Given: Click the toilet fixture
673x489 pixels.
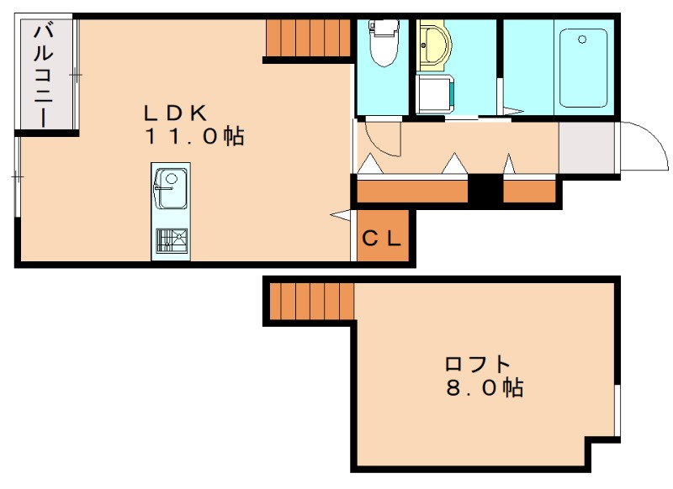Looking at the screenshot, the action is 383,44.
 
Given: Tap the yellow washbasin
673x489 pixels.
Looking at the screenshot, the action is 434,48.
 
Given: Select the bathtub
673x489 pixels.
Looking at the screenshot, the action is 583,68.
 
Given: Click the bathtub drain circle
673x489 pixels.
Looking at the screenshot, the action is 582,39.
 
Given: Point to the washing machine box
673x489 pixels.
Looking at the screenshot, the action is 435,94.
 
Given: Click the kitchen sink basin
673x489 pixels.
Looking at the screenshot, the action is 171,188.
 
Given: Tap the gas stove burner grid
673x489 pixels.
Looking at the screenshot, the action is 172,240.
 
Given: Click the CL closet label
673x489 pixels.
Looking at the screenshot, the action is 381,239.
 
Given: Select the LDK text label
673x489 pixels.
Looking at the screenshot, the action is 176,113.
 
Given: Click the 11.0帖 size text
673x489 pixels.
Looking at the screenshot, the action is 195,136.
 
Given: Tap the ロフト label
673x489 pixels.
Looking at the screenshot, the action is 477,364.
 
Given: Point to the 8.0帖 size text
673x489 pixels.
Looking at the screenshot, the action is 485,387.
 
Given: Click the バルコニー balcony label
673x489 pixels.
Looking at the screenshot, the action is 44,75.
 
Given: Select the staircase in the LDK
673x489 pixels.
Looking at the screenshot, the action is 309,38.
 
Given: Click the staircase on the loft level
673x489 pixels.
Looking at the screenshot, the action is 311,301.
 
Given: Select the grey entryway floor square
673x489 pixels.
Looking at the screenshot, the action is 586,147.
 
